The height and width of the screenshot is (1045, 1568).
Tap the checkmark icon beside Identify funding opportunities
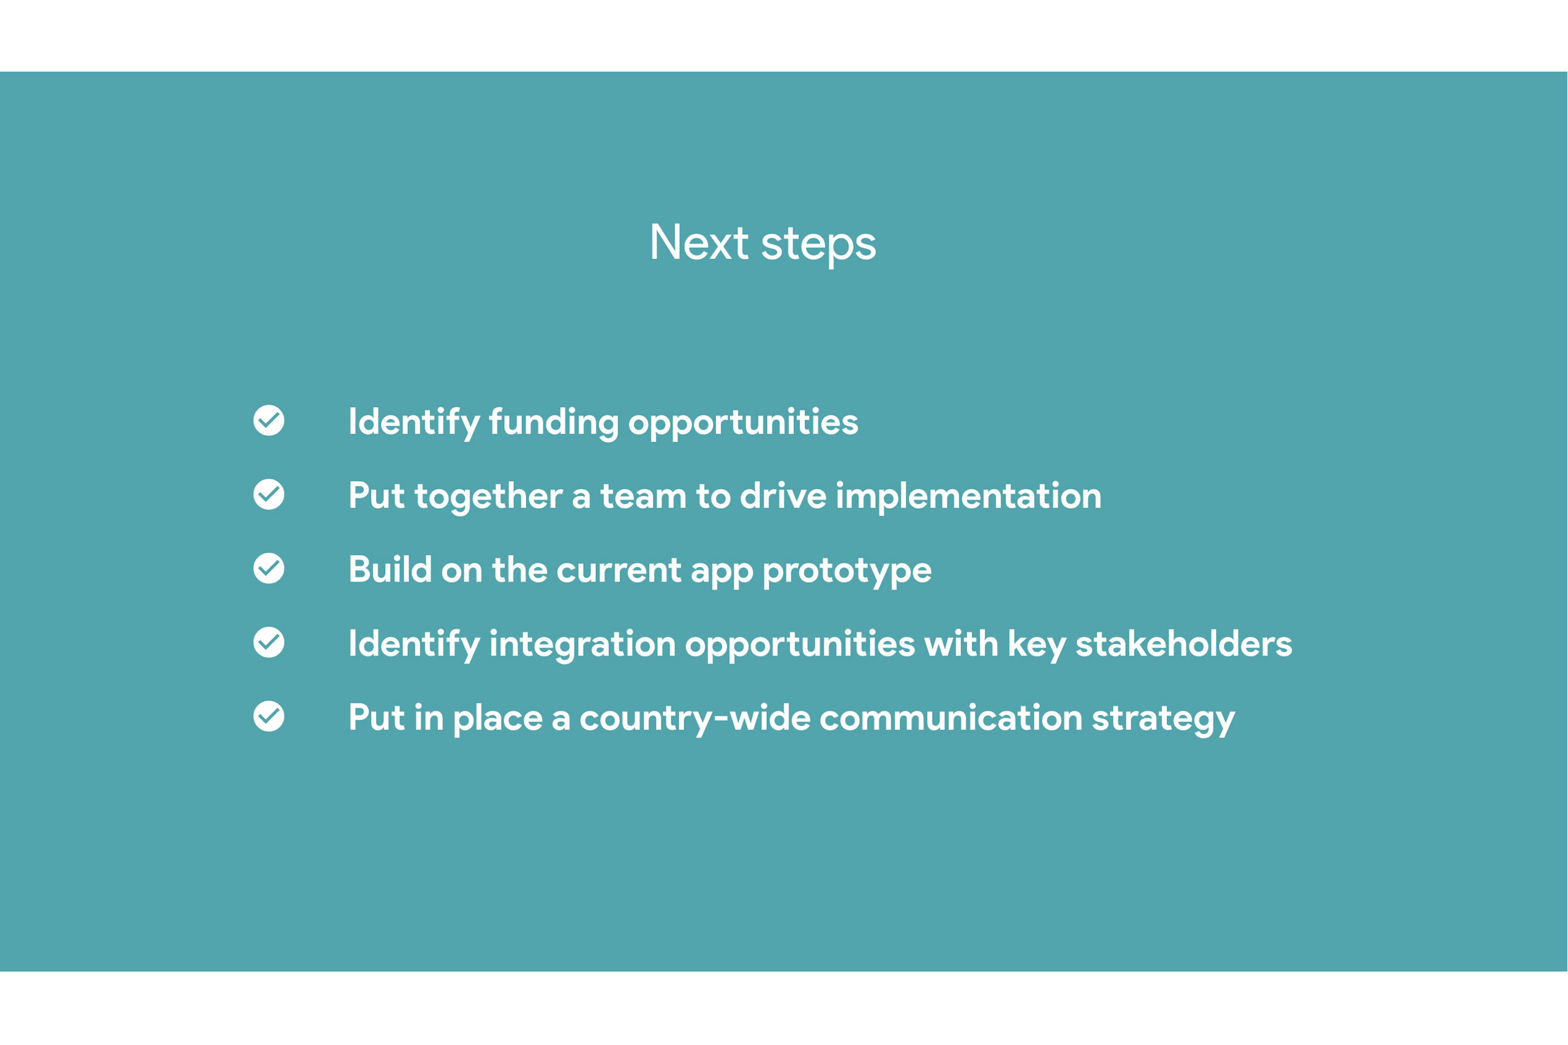tap(269, 421)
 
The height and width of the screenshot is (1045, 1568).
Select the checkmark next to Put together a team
tap(269, 495)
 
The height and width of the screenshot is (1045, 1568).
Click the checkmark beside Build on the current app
tap(269, 569)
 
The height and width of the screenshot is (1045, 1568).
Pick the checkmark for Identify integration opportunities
tap(269, 642)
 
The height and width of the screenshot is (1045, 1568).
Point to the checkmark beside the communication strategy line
tap(269, 716)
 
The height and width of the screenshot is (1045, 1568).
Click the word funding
tap(553, 423)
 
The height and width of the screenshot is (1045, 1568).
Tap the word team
tap(643, 496)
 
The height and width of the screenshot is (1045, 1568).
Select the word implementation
tap(968, 496)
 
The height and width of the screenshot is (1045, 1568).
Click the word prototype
tap(846, 572)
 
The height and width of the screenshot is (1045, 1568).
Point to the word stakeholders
tap(1184, 645)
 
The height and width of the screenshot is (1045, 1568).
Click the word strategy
tap(1163, 720)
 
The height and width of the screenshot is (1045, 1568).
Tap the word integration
tap(582, 646)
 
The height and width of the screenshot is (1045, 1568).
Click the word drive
tap(783, 496)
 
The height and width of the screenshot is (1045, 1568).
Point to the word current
tap(619, 571)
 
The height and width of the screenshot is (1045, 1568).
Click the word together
tap(488, 498)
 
